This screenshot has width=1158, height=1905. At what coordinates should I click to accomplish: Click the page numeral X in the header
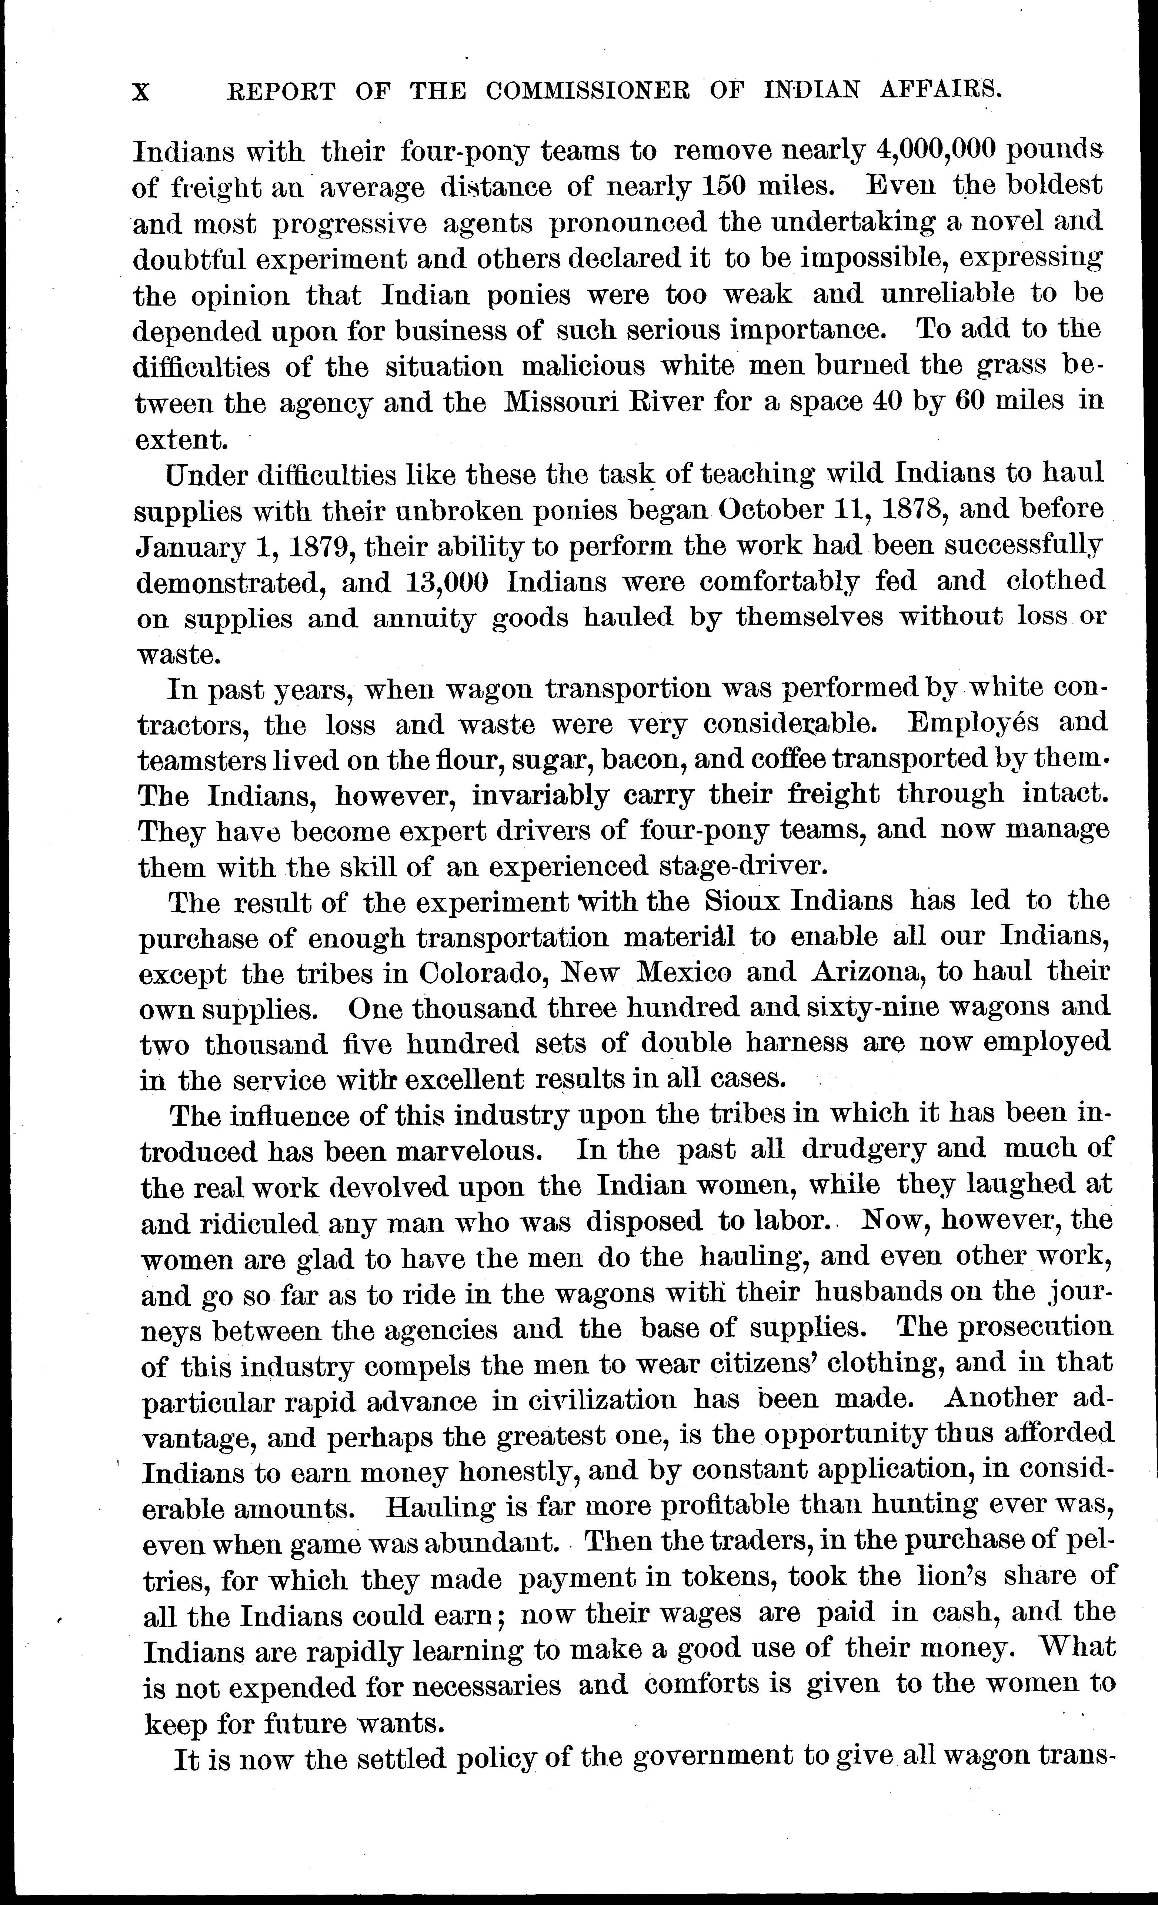click(141, 93)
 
